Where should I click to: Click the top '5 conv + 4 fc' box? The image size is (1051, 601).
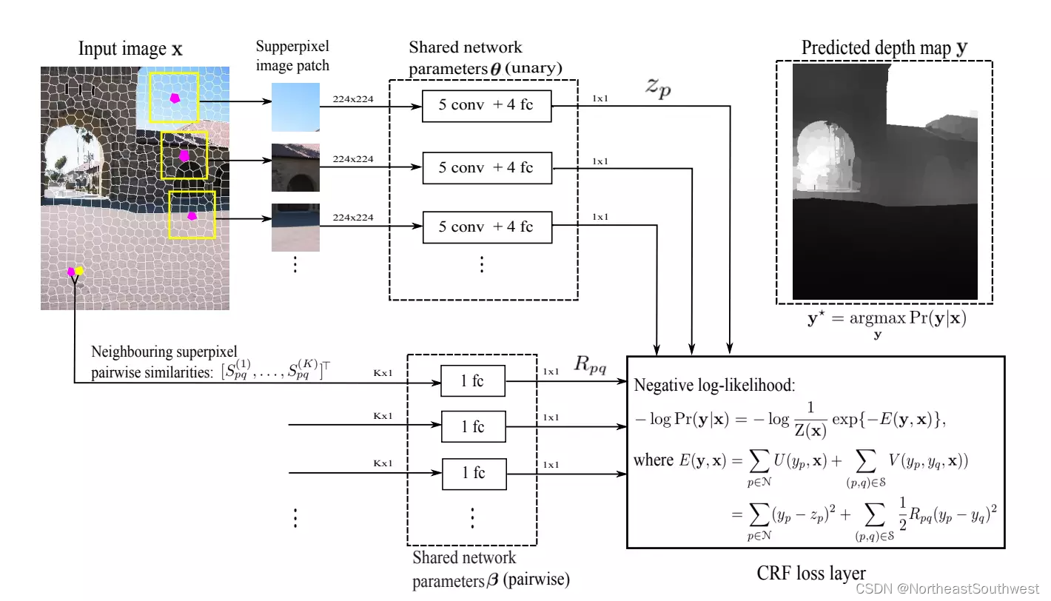pos(487,105)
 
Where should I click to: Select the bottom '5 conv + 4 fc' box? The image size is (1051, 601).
pos(487,227)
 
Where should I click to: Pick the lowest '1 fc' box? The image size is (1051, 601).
pos(473,473)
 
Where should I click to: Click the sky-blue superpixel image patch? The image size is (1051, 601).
pos(295,107)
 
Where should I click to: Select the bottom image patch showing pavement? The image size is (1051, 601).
pos(295,227)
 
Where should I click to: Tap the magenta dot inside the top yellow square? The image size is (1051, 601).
pos(175,98)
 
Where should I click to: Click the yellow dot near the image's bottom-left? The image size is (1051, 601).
pos(79,270)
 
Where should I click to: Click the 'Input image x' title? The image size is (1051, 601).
pos(130,50)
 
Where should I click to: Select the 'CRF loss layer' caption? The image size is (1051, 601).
pos(811,573)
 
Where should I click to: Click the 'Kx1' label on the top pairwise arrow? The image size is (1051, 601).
pos(383,373)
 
